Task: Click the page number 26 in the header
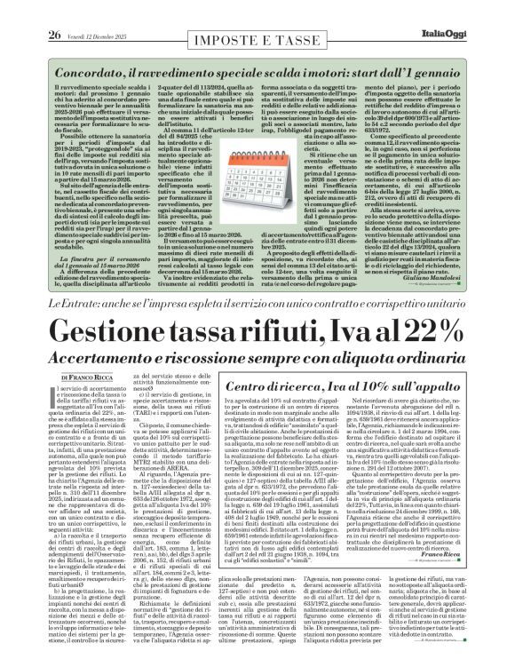point(29,11)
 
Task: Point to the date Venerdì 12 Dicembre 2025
point(86,11)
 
